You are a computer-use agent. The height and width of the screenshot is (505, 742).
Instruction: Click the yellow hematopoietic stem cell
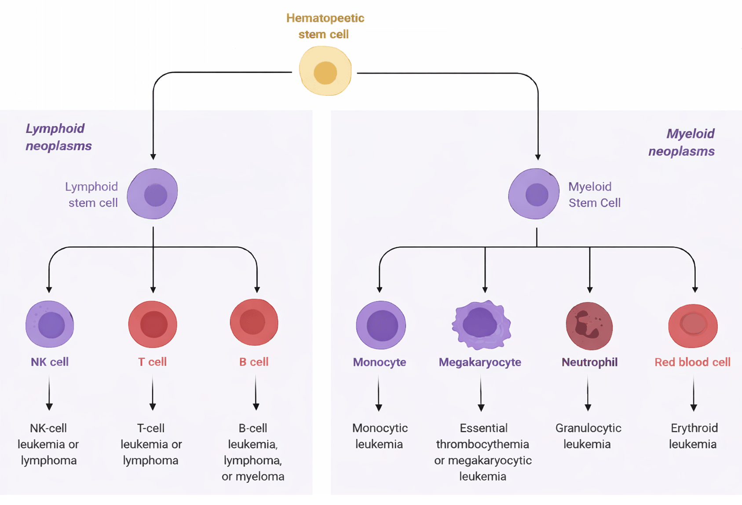click(325, 72)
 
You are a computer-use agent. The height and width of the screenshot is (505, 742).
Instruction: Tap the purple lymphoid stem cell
click(153, 194)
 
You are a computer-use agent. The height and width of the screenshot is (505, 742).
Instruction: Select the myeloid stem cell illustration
click(534, 194)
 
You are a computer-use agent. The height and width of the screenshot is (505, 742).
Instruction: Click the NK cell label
click(50, 362)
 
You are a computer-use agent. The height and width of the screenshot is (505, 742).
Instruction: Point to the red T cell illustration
click(153, 325)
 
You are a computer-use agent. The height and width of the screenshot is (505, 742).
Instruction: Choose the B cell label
click(254, 362)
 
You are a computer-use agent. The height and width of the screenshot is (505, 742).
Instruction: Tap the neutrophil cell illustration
click(589, 326)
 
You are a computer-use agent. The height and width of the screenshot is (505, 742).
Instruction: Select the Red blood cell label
click(692, 362)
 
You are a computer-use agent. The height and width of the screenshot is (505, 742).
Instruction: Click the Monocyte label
click(380, 362)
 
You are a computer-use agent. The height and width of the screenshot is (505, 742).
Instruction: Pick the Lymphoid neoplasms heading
click(58, 137)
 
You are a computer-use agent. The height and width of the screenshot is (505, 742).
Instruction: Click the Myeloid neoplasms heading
click(681, 143)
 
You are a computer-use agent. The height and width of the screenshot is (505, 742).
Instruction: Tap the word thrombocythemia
click(482, 444)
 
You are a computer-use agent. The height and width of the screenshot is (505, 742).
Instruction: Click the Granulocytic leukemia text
click(588, 436)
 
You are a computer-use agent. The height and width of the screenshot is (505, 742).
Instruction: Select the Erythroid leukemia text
click(693, 436)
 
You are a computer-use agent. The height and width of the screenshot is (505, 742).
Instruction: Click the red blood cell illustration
click(693, 326)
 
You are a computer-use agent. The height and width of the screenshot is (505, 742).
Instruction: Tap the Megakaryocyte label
click(480, 362)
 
